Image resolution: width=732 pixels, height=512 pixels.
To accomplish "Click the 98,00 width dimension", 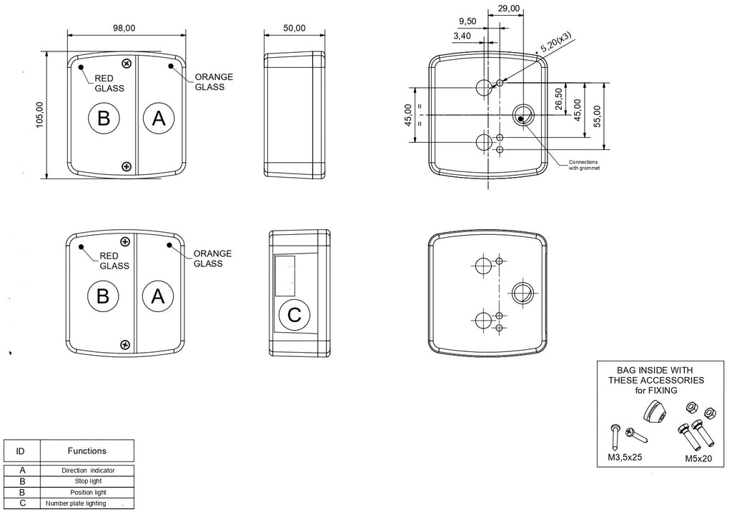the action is pyautogui.click(x=124, y=28).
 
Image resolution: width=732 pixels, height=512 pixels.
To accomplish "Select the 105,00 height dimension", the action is pyautogui.click(x=40, y=115).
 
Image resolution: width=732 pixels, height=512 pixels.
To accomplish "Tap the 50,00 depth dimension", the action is pyautogui.click(x=295, y=28).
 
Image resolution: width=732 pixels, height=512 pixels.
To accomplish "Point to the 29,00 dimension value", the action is pyautogui.click(x=509, y=9).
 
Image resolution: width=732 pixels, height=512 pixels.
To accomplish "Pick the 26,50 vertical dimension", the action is pyautogui.click(x=559, y=99).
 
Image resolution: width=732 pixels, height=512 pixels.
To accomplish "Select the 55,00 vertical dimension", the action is pyautogui.click(x=597, y=116).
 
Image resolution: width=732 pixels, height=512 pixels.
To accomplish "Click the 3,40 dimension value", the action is pyautogui.click(x=462, y=36).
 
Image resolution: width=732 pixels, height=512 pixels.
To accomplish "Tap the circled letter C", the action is pyautogui.click(x=295, y=315).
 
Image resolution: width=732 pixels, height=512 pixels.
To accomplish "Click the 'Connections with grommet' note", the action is pyautogui.click(x=583, y=165).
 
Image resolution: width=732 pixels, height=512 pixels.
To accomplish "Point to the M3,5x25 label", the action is pyautogui.click(x=625, y=458).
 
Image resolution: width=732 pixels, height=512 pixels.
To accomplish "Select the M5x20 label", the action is pyautogui.click(x=698, y=459).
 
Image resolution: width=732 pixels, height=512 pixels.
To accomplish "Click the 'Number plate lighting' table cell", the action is pyautogui.click(x=76, y=503).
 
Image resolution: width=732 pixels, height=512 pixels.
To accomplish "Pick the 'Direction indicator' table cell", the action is pyautogui.click(x=88, y=471).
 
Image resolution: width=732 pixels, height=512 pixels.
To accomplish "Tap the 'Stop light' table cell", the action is pyautogui.click(x=88, y=481).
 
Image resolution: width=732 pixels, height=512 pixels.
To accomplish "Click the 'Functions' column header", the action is pyautogui.click(x=86, y=451).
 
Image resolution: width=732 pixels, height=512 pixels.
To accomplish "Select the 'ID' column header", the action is pyautogui.click(x=20, y=451).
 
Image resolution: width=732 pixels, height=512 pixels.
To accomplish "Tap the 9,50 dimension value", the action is pyautogui.click(x=468, y=21).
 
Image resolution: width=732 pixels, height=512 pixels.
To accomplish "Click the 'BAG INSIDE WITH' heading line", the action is pyautogui.click(x=655, y=370).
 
